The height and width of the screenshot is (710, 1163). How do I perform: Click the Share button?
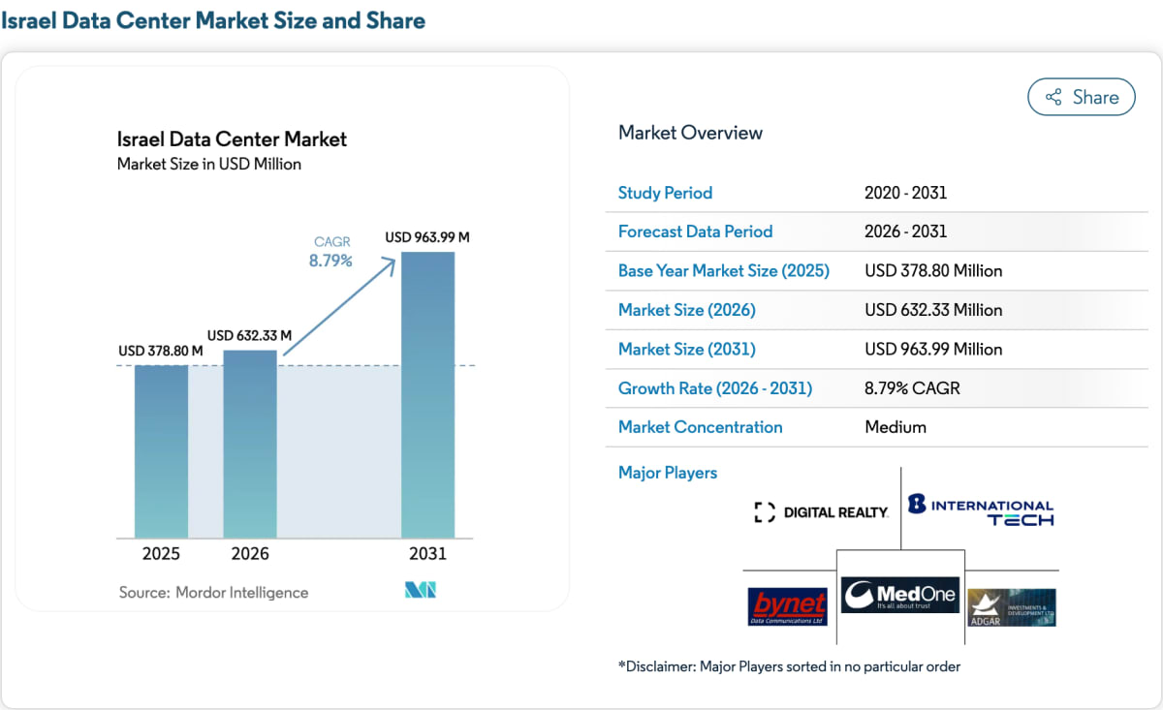coord(1082,97)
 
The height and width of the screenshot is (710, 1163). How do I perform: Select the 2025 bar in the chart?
coord(162,451)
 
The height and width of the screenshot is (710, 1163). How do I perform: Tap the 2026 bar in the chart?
coord(250,445)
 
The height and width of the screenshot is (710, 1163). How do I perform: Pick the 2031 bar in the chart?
coord(427,395)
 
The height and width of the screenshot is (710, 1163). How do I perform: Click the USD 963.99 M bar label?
coord(427,237)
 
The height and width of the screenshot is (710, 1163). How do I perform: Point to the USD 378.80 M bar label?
coord(161,351)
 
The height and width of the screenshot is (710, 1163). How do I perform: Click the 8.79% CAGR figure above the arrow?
coord(330,260)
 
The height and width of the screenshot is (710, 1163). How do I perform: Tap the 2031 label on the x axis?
coord(427,554)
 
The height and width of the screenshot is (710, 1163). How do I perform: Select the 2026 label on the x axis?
coord(250,554)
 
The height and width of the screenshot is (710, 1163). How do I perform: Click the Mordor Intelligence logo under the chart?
coord(421,590)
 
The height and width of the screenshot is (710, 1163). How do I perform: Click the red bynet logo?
coord(788,606)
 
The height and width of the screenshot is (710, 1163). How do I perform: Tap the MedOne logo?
coord(900,595)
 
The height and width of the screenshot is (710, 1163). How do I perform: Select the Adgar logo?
coord(1012,607)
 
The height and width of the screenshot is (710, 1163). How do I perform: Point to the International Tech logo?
coord(981,509)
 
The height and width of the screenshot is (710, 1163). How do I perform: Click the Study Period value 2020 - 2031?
coord(905,193)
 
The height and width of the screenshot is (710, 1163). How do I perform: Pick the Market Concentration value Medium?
coord(896,427)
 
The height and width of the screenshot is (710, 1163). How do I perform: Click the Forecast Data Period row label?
coord(695,232)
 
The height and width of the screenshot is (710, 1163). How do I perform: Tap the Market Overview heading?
coord(690,133)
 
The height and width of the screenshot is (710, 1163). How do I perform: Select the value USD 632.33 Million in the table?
coord(933,310)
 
